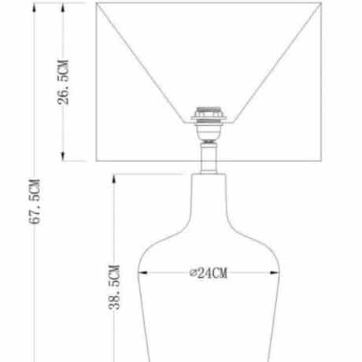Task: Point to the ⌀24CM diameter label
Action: point(208,273)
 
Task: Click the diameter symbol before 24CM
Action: point(193,273)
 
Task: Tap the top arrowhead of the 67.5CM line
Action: point(34,6)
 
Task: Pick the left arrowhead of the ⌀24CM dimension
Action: point(142,273)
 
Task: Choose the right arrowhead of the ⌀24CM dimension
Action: point(277,273)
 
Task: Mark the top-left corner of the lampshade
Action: point(97,4)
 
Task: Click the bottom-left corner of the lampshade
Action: point(97,161)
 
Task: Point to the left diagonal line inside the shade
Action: point(142,63)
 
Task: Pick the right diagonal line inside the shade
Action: point(277,63)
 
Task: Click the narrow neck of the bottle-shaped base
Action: point(210,193)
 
